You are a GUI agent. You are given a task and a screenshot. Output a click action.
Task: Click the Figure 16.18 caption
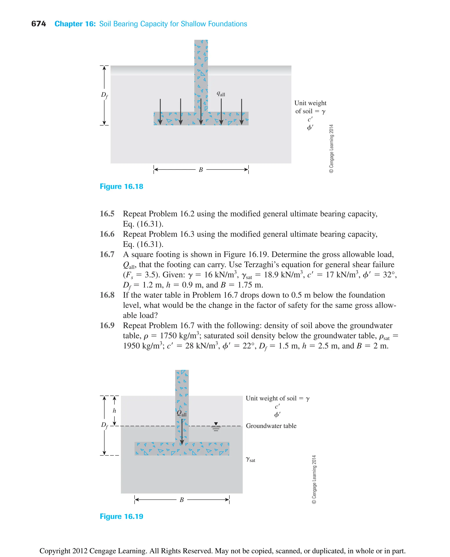pyautogui.click(x=121, y=186)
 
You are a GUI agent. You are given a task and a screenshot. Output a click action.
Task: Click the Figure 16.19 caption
pyautogui.click(x=121, y=516)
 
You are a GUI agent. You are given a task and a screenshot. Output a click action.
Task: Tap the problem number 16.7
pyautogui.click(x=107, y=254)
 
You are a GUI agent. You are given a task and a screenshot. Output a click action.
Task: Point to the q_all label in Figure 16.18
pyautogui.click(x=221, y=94)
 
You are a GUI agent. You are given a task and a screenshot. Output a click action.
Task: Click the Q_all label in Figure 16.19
pyautogui.click(x=181, y=413)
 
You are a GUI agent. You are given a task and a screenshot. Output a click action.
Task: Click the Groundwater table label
pyautogui.click(x=271, y=426)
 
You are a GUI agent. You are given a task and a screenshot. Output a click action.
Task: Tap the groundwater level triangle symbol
pyautogui.click(x=216, y=424)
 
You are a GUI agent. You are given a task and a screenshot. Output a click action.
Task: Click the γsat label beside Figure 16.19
pyautogui.click(x=250, y=459)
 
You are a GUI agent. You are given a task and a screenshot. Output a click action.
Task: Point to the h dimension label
pyautogui.click(x=114, y=411)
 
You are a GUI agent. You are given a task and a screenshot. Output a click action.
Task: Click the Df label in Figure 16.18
pyautogui.click(x=104, y=95)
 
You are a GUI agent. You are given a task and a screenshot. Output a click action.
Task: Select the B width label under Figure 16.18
pyautogui.click(x=201, y=170)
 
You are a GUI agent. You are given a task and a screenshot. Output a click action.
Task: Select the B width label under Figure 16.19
pyautogui.click(x=182, y=500)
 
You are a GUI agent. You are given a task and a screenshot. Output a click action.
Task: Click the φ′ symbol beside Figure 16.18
pyautogui.click(x=310, y=127)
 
